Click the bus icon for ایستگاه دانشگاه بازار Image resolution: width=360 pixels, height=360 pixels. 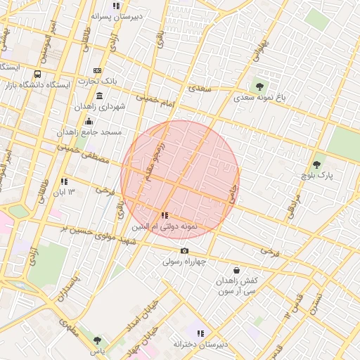[x=37, y=73]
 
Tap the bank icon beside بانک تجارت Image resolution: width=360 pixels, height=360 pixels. [x=97, y=70]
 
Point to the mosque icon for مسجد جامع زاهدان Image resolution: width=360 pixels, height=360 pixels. [x=89, y=121]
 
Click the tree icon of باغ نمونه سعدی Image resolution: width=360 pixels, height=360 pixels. [x=261, y=87]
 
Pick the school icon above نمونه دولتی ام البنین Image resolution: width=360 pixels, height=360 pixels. [x=164, y=216]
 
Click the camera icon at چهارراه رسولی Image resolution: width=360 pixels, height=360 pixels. [x=184, y=250]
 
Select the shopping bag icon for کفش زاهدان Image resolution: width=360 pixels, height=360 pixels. [x=236, y=269]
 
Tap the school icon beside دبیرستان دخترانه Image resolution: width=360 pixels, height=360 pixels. [x=200, y=333]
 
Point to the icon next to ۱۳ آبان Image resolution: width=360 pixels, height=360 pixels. [x=64, y=181]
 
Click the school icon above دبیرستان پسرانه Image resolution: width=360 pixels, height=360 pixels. [x=116, y=6]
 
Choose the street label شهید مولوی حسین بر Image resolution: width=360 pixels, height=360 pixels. [x=98, y=235]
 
